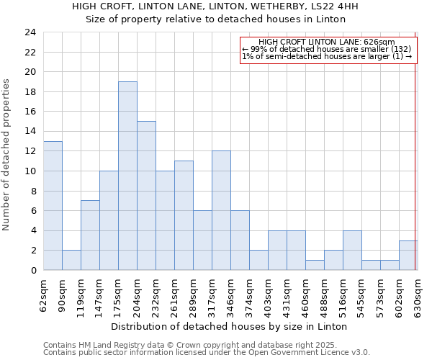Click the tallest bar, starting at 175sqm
(127, 176)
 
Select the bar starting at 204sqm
(146, 196)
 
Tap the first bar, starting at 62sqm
(53, 206)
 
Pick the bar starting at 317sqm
(221, 210)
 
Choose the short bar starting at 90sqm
(71, 260)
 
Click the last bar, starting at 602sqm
(408, 256)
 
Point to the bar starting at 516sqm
(352, 251)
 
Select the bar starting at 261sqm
(184, 215)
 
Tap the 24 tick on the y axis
(30, 32)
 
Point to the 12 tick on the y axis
(30, 151)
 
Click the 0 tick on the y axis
(33, 270)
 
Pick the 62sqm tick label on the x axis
(44, 295)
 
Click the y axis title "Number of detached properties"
(6, 155)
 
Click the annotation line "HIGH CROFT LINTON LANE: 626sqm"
(326, 42)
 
